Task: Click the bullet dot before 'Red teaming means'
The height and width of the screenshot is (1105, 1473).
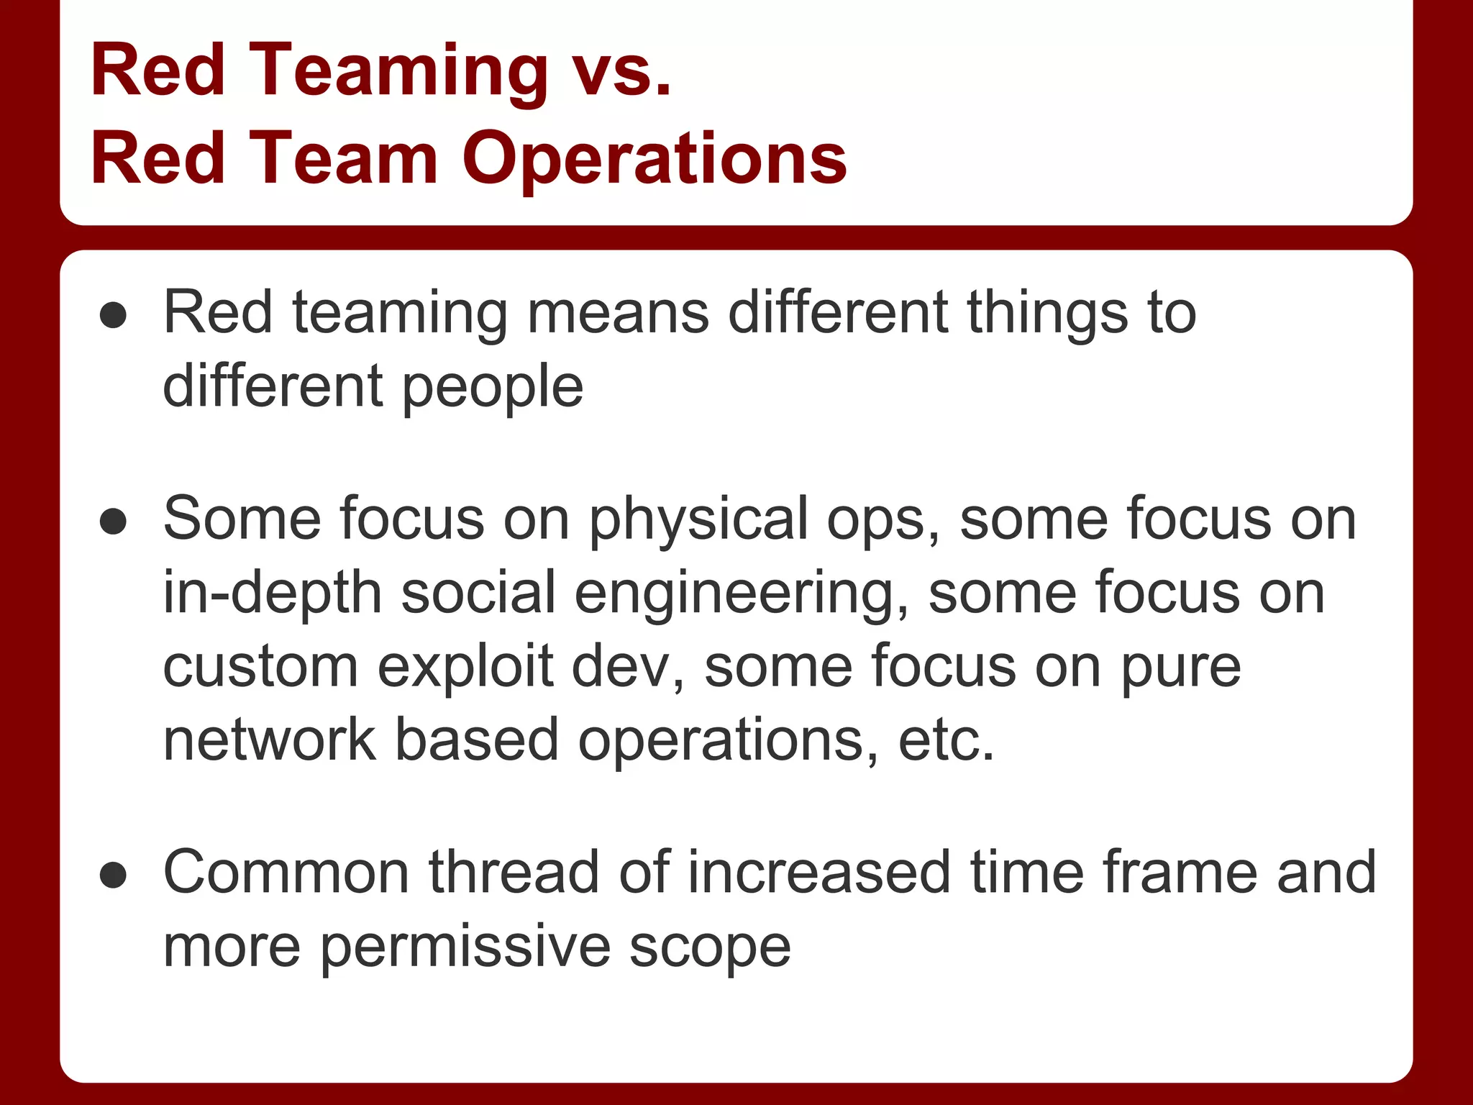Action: coord(114,315)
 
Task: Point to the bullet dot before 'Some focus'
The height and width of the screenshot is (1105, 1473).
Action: coord(114,522)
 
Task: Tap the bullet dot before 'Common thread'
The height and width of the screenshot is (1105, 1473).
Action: coord(114,876)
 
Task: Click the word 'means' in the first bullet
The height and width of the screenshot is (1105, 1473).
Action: coord(619,313)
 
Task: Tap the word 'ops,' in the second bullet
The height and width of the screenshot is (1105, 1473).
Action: coord(884,519)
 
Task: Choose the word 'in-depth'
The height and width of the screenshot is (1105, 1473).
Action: coord(273,593)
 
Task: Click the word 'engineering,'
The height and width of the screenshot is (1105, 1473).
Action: coord(742,593)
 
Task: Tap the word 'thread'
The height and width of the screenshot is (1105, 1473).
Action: coord(514,873)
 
